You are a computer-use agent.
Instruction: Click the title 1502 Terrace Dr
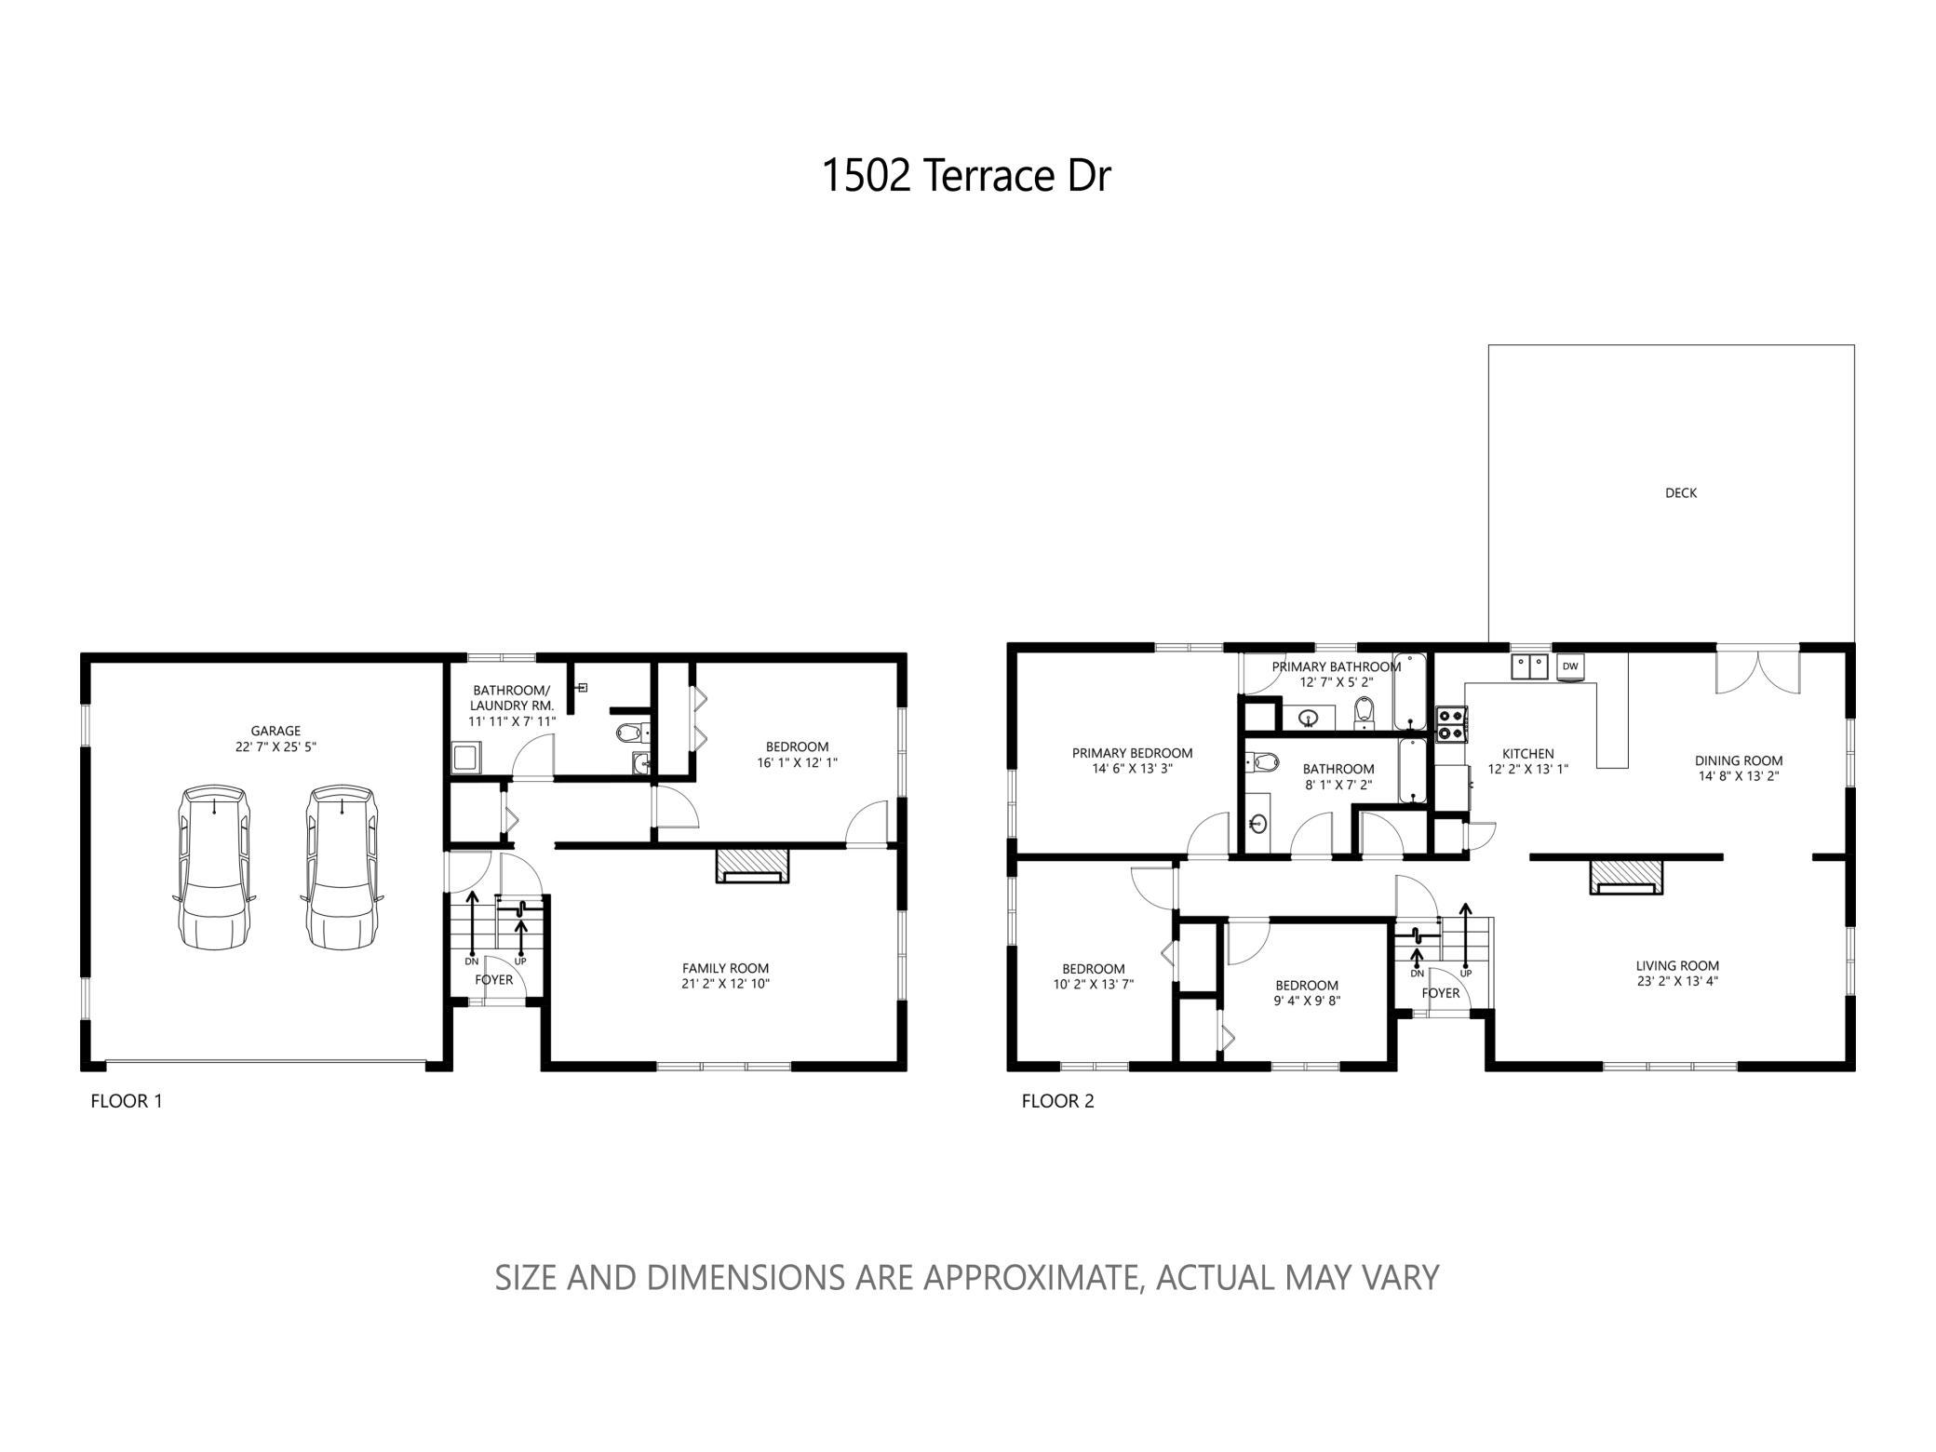[966, 176]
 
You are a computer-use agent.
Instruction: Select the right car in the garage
[342, 867]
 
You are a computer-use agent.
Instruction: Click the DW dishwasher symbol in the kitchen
[1570, 666]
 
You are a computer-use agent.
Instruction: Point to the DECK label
[1681, 493]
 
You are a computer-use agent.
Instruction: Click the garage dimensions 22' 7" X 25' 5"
[276, 746]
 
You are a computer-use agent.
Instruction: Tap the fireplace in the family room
[752, 865]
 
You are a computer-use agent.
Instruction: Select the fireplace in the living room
[1626, 877]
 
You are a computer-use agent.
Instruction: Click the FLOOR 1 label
[127, 1101]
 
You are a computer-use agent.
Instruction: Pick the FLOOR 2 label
[1058, 1101]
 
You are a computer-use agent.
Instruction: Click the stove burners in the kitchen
[1451, 724]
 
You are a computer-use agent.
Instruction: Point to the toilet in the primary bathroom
[1364, 711]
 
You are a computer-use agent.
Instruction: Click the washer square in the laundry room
[465, 758]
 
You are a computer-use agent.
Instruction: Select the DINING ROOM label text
[1739, 760]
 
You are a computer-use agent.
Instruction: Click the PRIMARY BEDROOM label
[1132, 753]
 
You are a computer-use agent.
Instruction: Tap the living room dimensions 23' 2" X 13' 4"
[1677, 981]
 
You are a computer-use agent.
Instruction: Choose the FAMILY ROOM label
[726, 968]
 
